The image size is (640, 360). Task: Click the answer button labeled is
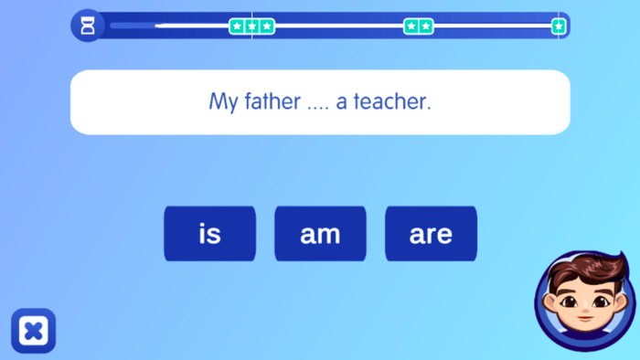(x=209, y=234)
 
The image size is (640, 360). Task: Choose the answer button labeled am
(x=320, y=234)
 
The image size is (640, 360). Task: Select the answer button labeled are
(x=431, y=234)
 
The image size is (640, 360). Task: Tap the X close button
(x=33, y=331)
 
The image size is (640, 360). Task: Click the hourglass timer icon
(x=87, y=26)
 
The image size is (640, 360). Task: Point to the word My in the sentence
(x=223, y=101)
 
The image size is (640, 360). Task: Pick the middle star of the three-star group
(x=251, y=26)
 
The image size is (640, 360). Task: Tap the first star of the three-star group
(x=238, y=26)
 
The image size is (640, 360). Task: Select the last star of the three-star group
(x=266, y=26)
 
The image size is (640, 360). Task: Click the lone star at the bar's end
(x=559, y=26)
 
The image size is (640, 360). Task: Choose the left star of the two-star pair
(x=411, y=26)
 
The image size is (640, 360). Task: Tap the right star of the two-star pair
(x=425, y=26)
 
